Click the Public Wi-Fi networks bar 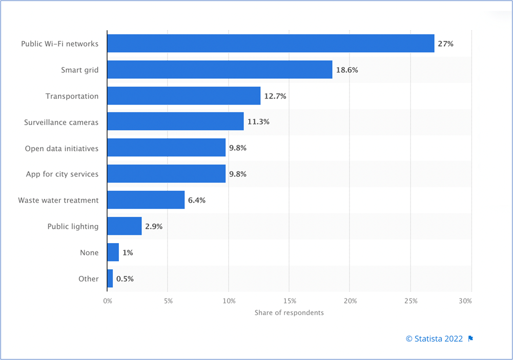271,44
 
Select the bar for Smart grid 219,70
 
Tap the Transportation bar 183,96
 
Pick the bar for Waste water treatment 146,200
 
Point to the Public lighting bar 124,226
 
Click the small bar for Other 110,278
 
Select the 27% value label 445,44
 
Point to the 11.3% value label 259,122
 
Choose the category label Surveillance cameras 61,122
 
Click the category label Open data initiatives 61,148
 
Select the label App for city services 62,174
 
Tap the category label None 89,252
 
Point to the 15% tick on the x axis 289,301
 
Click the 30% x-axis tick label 465,301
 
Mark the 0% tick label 107,301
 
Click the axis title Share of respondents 289,312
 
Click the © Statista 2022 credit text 434,338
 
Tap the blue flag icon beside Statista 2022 470,338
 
